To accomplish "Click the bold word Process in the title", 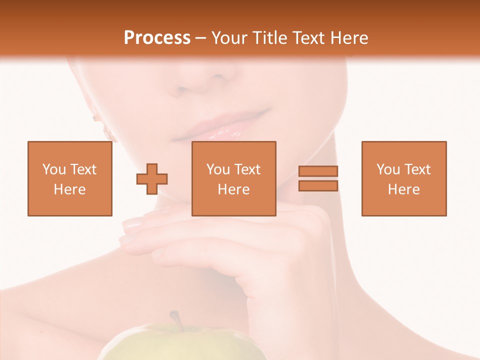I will (x=157, y=38).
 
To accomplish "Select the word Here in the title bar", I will (x=349, y=38).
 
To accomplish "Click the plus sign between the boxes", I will (x=152, y=179).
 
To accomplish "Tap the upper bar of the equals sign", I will (x=318, y=171).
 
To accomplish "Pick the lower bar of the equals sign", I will (x=318, y=185).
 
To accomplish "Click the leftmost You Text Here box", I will (x=70, y=179).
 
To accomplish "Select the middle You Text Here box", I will (x=233, y=179).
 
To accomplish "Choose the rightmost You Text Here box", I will (x=403, y=179).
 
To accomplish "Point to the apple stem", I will (x=175, y=320).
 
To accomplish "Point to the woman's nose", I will (x=205, y=80).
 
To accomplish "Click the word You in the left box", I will (x=54, y=169).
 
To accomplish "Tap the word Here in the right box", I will (x=403, y=189).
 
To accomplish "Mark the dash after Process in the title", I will (x=201, y=38).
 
